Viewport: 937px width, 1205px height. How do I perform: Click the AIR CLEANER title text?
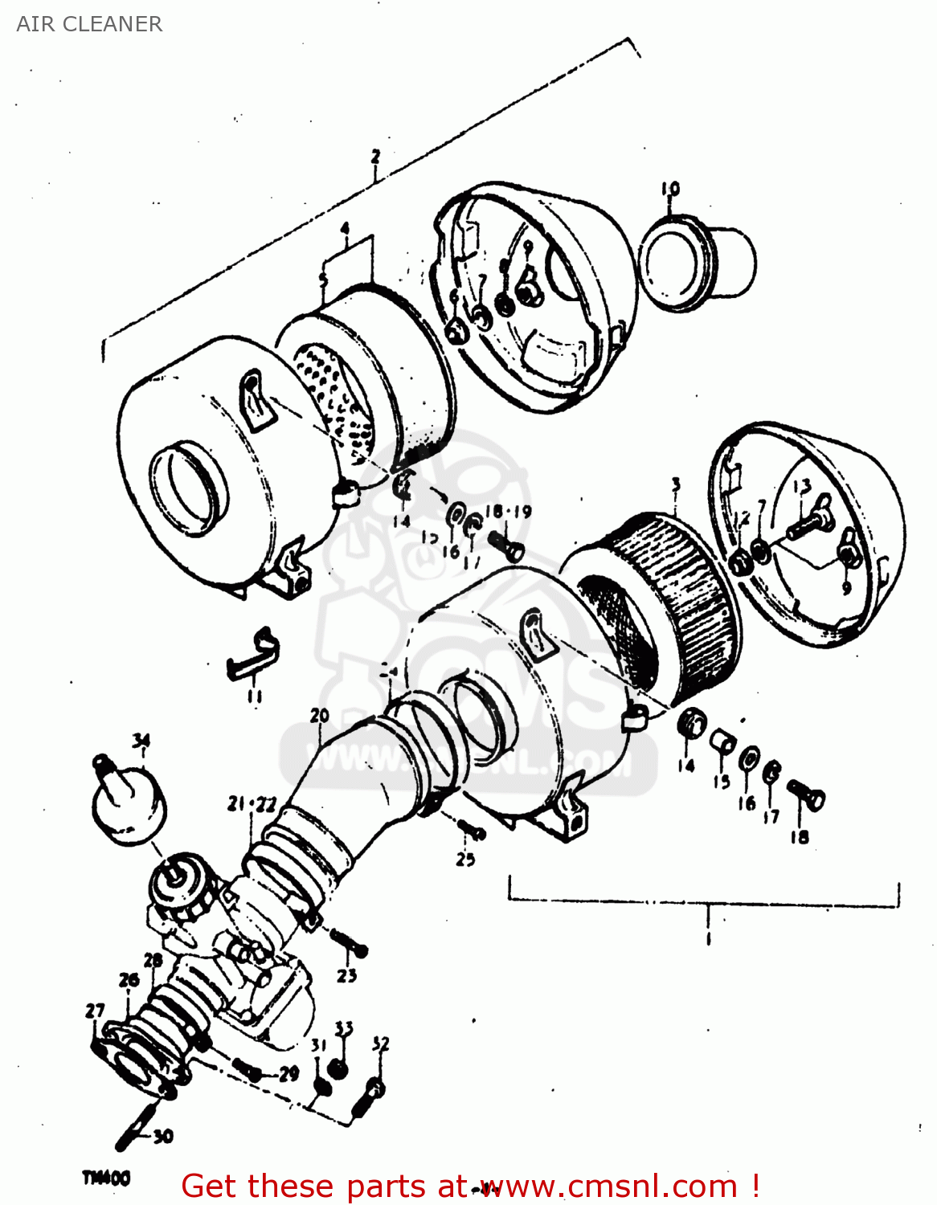pos(89,24)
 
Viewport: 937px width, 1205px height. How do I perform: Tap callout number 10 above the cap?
pos(670,189)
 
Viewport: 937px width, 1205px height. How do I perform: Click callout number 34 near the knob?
pos(141,740)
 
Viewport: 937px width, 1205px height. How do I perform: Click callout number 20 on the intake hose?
pos(320,715)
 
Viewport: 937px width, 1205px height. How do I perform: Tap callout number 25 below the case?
pos(465,860)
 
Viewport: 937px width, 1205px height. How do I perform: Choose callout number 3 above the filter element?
pos(676,485)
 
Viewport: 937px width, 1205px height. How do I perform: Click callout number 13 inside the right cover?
pos(801,487)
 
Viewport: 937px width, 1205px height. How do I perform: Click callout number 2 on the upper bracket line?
pos(375,157)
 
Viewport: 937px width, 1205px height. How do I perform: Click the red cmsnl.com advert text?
pos(470,1186)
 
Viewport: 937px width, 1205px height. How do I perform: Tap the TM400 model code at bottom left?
pos(105,1178)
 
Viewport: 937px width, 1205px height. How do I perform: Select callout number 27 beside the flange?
pos(95,1011)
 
